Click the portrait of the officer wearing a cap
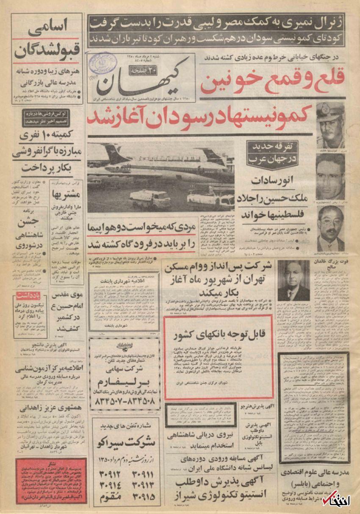coord(330,125)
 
